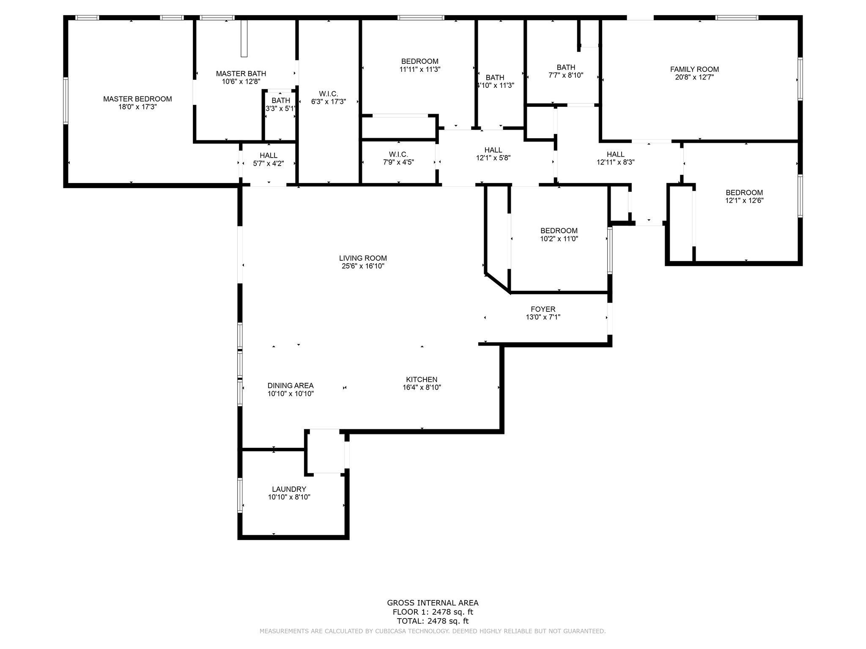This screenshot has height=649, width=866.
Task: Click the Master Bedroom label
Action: pyautogui.click(x=137, y=99)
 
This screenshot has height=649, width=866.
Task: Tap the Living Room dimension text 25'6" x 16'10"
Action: pyautogui.click(x=363, y=266)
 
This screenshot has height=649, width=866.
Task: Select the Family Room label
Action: pyautogui.click(x=694, y=69)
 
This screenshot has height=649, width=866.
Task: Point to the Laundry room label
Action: pyautogui.click(x=289, y=489)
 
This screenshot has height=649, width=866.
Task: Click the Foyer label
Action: pyautogui.click(x=543, y=309)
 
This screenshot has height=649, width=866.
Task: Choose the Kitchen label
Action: pyautogui.click(x=422, y=379)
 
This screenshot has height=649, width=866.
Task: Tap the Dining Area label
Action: pyautogui.click(x=290, y=385)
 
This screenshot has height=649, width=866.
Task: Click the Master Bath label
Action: pyautogui.click(x=241, y=74)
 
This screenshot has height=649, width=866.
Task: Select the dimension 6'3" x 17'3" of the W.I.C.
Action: pyautogui.click(x=329, y=101)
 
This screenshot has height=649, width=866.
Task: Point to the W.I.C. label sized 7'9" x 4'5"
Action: pyautogui.click(x=398, y=154)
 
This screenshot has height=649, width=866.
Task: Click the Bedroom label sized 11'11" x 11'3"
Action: pyautogui.click(x=420, y=61)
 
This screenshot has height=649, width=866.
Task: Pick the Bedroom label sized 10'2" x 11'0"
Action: pyautogui.click(x=559, y=231)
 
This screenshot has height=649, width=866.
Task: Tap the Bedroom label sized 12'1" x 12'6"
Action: pyautogui.click(x=744, y=193)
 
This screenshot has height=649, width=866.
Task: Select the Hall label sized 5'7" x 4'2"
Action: pyautogui.click(x=269, y=155)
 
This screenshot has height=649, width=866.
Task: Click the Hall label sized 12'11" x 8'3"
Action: pyautogui.click(x=616, y=154)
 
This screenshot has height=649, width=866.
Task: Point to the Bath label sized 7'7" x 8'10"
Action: pyautogui.click(x=566, y=67)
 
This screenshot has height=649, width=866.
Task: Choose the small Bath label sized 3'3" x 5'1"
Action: pyautogui.click(x=281, y=100)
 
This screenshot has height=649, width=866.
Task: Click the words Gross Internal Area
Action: pyautogui.click(x=433, y=603)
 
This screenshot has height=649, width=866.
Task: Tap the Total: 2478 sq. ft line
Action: pyautogui.click(x=433, y=621)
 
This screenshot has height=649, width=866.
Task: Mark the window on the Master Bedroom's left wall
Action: pyautogui.click(x=66, y=101)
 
